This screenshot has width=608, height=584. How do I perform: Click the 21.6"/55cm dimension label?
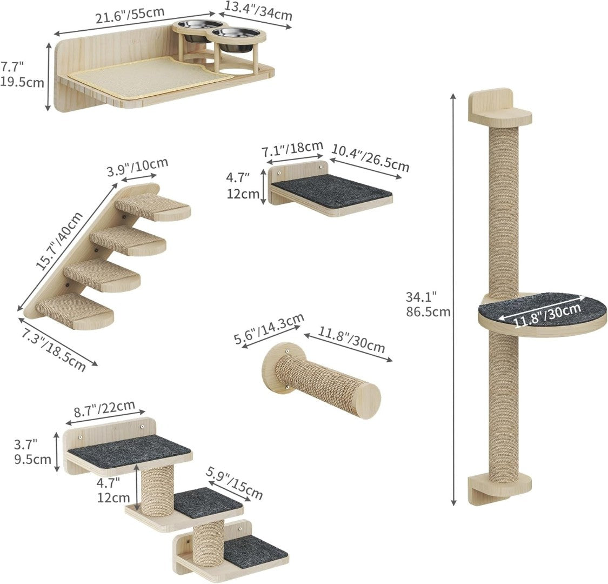tap(130, 15)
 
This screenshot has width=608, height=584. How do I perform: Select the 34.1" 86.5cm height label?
tap(428, 304)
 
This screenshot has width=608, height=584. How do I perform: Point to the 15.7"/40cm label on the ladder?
tap(59, 240)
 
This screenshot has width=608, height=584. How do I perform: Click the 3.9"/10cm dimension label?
tap(138, 167)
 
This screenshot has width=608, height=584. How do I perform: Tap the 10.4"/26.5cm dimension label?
tap(370, 158)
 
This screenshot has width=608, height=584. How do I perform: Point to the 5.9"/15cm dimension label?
tap(235, 483)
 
